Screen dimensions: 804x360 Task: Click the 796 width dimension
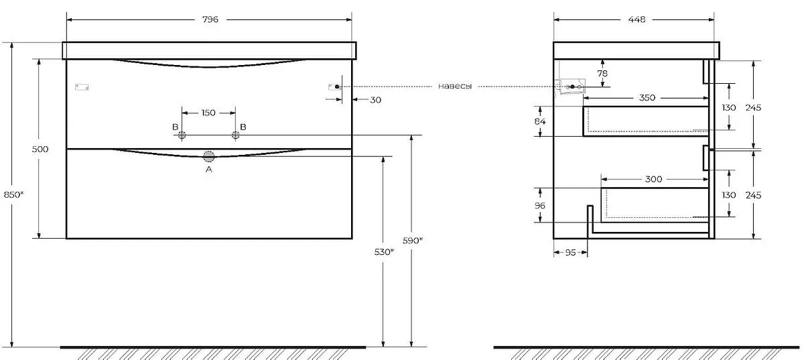click(x=210, y=19)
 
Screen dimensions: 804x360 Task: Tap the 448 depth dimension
click(x=636, y=19)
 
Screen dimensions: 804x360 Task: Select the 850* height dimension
click(x=13, y=194)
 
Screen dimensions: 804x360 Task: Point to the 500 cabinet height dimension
click(x=40, y=149)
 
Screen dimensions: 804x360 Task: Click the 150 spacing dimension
click(x=208, y=113)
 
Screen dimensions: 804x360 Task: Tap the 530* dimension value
click(x=384, y=252)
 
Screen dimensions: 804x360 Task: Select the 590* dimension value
click(x=413, y=241)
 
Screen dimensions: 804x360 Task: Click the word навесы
click(x=455, y=86)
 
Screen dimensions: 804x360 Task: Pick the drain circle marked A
click(x=208, y=156)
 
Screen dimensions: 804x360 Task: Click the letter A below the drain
click(x=208, y=169)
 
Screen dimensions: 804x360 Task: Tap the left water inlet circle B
click(x=182, y=135)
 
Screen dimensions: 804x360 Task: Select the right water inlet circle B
click(x=235, y=135)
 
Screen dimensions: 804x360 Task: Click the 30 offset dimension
click(x=375, y=100)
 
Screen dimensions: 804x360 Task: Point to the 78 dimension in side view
click(x=602, y=73)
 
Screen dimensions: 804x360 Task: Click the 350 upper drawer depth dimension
click(x=647, y=98)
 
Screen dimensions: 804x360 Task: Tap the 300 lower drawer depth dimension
click(x=653, y=179)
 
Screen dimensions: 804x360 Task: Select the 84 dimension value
click(x=540, y=121)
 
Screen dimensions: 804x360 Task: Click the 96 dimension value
click(x=540, y=206)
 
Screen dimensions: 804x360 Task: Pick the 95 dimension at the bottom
click(x=570, y=253)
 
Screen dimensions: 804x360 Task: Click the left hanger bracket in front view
click(x=82, y=87)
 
